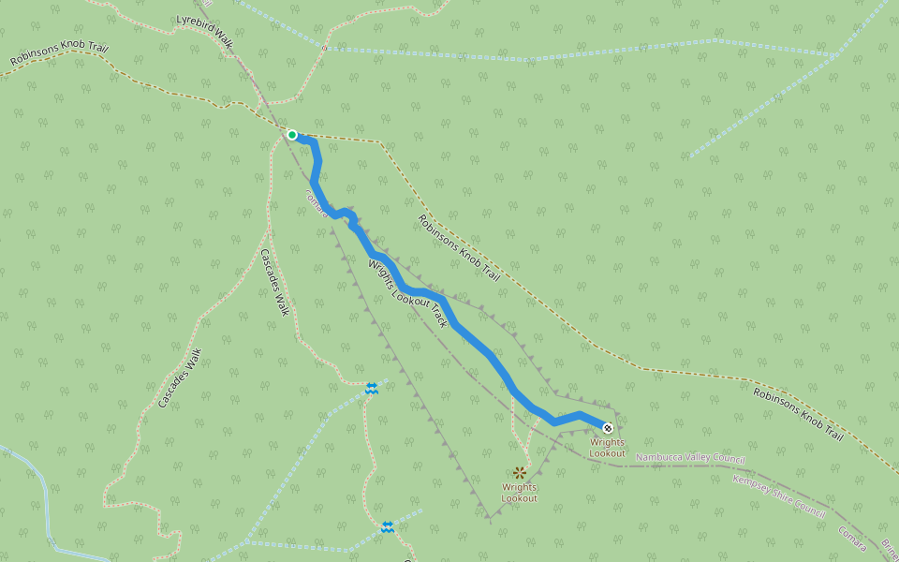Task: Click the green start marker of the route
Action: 292,135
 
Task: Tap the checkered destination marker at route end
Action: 607,428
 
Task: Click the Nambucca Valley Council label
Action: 690,458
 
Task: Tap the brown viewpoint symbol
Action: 519,473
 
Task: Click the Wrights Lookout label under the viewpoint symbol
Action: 519,493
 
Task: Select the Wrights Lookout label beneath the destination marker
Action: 607,448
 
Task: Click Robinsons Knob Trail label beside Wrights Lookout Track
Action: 458,248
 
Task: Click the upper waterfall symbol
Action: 372,388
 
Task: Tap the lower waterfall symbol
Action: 388,527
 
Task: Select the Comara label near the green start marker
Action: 317,204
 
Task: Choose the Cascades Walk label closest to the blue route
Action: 274,282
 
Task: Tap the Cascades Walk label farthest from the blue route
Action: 180,377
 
